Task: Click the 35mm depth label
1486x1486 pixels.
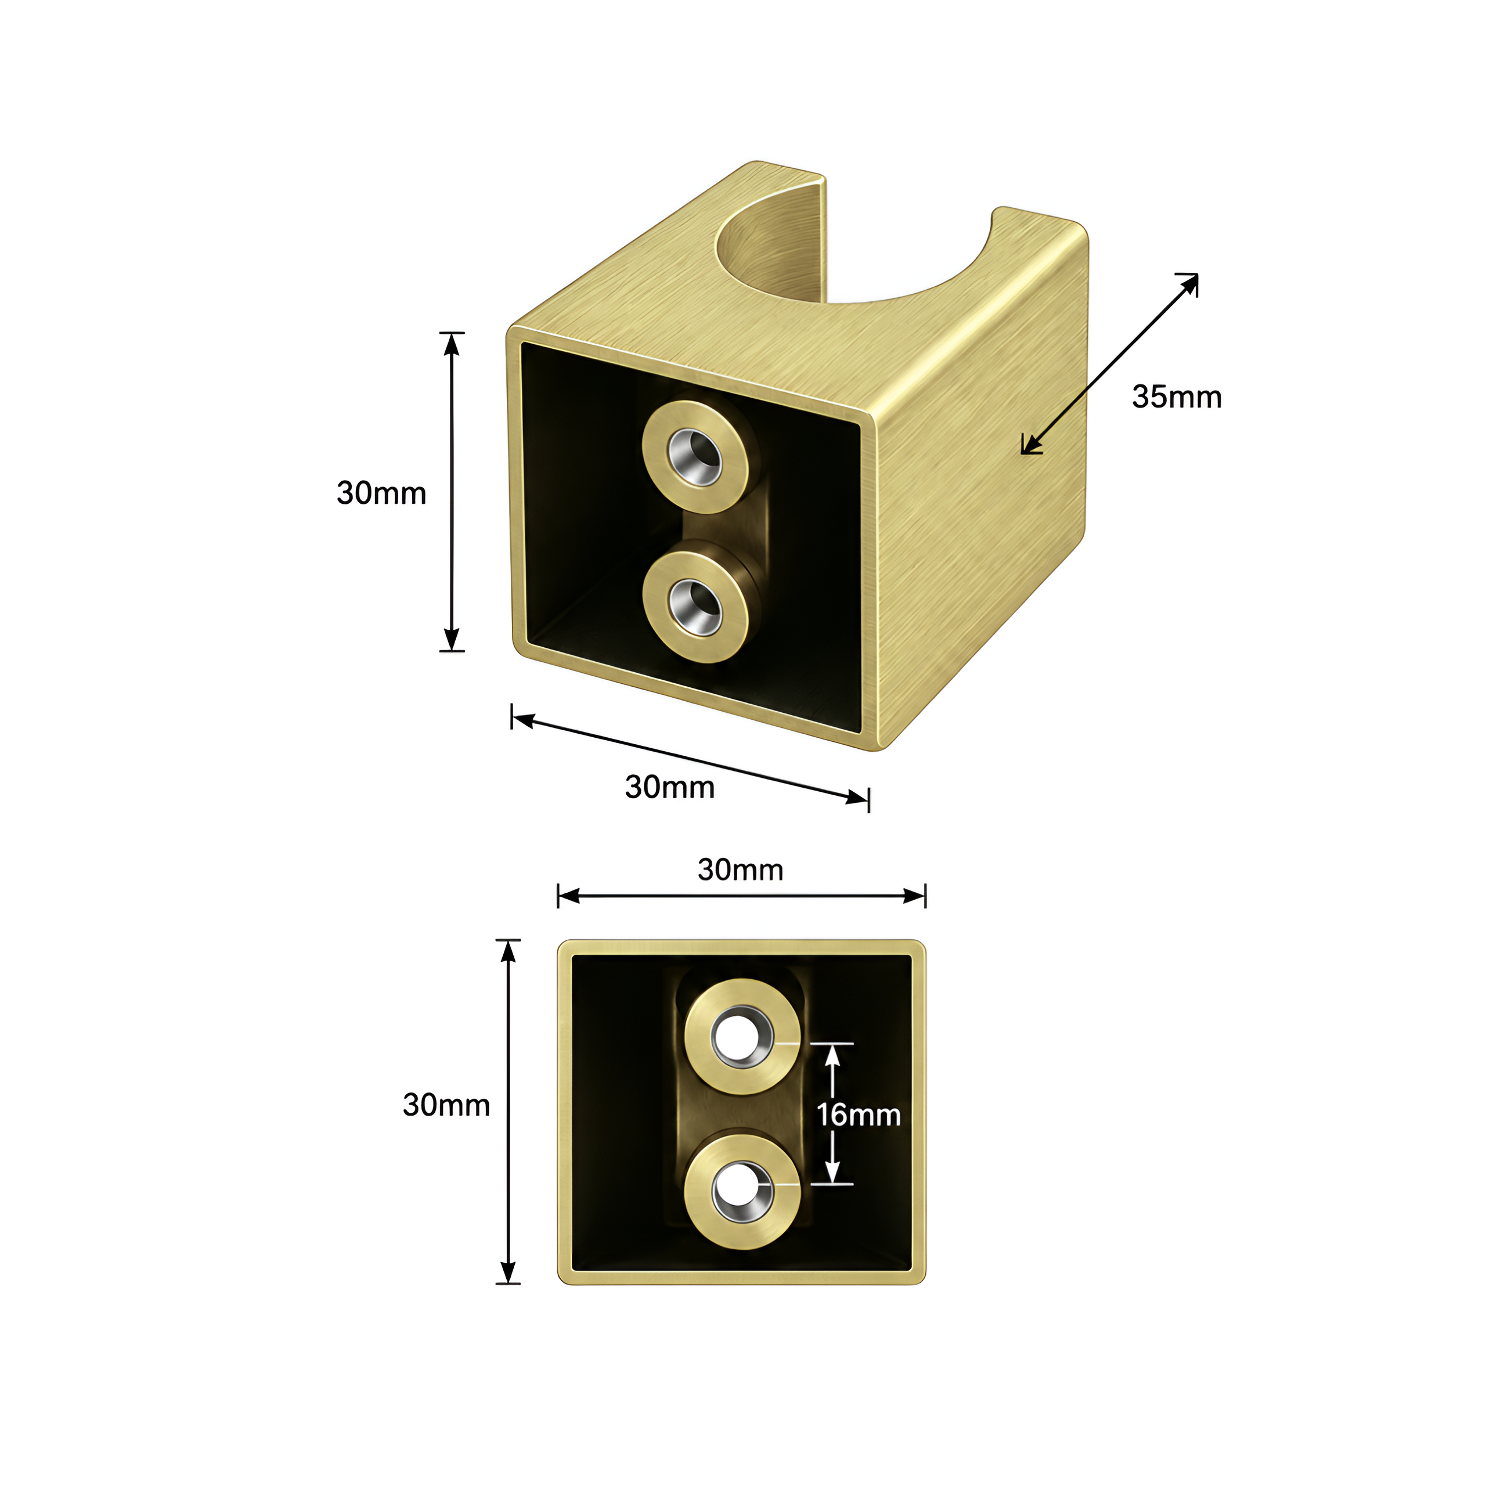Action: [x=1176, y=397]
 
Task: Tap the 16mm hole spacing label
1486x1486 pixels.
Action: [x=859, y=1114]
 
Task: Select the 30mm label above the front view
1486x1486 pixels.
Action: [x=740, y=870]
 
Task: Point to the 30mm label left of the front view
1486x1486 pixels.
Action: [x=446, y=1105]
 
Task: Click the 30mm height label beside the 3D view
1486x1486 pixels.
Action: [x=381, y=493]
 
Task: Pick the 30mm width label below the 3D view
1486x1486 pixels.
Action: [x=669, y=787]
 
